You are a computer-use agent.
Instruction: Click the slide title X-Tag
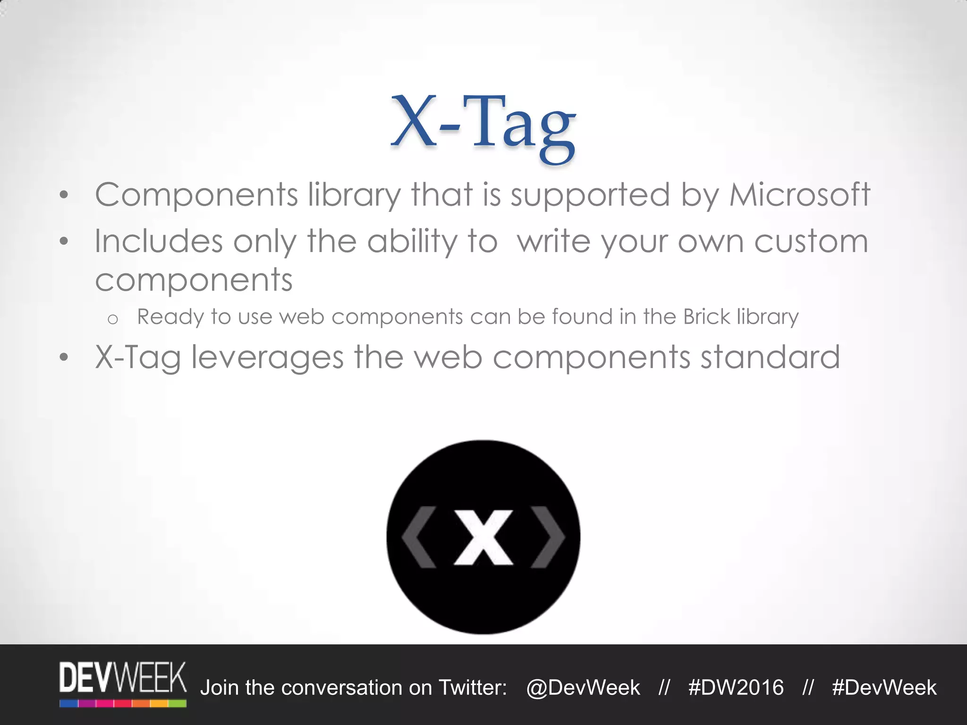(483, 126)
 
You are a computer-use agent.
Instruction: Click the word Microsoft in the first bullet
(799, 194)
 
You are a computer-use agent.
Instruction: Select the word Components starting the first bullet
(196, 194)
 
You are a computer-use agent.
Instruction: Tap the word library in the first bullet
(354, 195)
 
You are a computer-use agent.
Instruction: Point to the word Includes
(158, 241)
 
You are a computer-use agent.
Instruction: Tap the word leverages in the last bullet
(267, 358)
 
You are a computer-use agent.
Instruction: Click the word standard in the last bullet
(770, 357)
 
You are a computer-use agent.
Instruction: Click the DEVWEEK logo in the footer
(123, 683)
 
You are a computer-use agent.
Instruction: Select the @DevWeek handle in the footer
(583, 688)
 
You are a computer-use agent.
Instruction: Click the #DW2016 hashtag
(736, 688)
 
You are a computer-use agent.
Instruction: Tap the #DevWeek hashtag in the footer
(884, 688)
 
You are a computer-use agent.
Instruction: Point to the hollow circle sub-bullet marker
(112, 320)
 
